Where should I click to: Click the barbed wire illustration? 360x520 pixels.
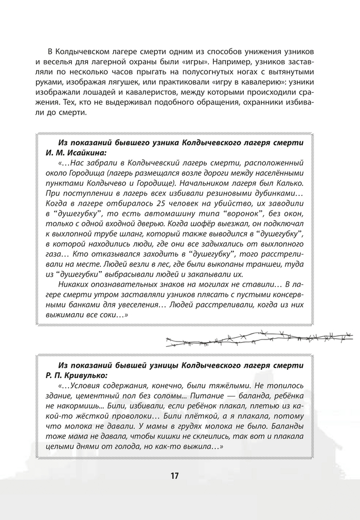260,339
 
